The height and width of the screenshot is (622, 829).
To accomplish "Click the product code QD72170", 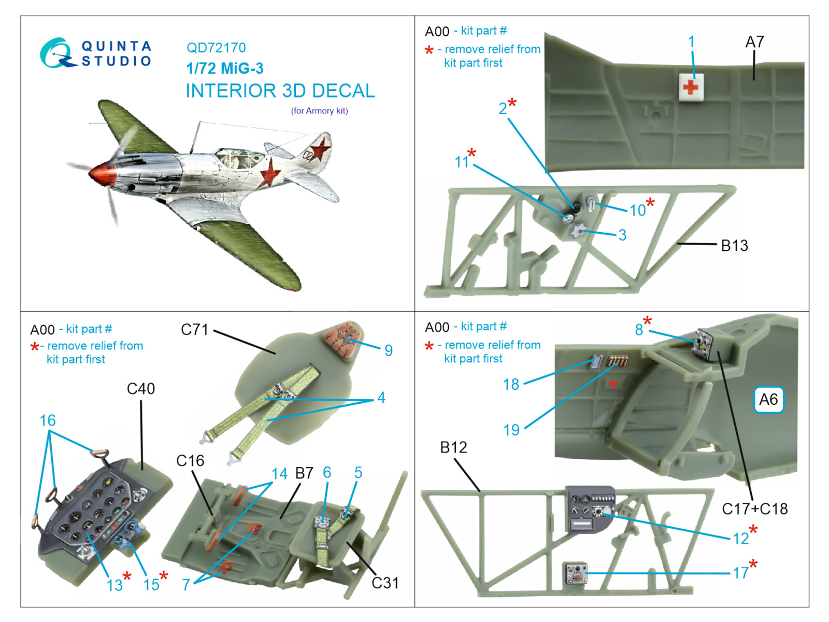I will (x=216, y=48).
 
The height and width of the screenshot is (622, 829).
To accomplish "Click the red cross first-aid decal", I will (x=691, y=86).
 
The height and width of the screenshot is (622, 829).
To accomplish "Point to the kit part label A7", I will (x=754, y=42).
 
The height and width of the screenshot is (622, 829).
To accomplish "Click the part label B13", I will (x=734, y=246).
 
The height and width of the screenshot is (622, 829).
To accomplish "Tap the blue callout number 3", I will (x=622, y=235).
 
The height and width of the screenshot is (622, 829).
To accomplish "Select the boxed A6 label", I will (x=768, y=400).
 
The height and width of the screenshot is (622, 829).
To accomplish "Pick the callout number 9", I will (x=389, y=350).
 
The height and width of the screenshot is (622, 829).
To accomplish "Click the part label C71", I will (x=194, y=330).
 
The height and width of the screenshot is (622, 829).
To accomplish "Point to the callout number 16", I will (x=48, y=420).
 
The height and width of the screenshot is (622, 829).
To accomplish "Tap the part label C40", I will (x=141, y=389).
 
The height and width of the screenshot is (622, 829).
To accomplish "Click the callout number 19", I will (x=511, y=430).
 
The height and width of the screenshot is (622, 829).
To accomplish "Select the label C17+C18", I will (x=754, y=509).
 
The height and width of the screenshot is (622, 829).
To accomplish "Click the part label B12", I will (x=453, y=447).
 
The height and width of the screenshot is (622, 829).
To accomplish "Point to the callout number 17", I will (x=740, y=573).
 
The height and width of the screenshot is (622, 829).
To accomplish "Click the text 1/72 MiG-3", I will (x=225, y=68).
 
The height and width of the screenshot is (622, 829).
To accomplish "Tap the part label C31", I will (x=385, y=583).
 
